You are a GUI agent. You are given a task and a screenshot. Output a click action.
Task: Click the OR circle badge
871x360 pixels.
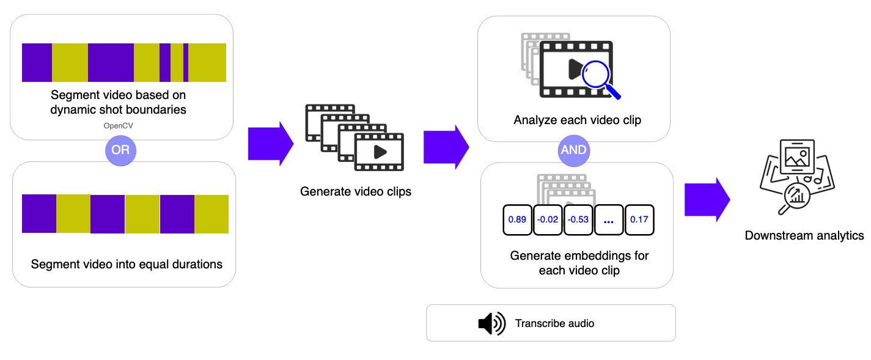(x=120, y=150)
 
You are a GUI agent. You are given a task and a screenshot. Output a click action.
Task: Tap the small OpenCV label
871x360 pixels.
(x=120, y=126)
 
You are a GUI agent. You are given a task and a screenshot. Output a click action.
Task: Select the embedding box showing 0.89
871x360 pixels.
(x=517, y=219)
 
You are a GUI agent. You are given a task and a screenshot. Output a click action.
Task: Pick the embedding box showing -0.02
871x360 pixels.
(x=548, y=219)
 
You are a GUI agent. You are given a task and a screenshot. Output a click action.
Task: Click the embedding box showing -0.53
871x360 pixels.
(x=578, y=219)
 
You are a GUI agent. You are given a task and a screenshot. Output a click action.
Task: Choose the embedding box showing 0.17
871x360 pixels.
(x=639, y=219)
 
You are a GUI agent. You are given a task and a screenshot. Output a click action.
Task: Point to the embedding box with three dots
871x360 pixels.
(x=608, y=219)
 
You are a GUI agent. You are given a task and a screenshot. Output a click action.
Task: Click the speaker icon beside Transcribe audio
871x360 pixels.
(x=491, y=323)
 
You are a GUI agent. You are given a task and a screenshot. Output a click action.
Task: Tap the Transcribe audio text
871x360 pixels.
(x=554, y=323)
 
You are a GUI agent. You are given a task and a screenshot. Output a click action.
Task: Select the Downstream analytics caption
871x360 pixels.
(x=804, y=235)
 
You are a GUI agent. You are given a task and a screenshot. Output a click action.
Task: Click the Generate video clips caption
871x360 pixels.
(x=356, y=191)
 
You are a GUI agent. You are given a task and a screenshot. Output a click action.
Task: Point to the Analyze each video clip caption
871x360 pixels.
(x=577, y=120)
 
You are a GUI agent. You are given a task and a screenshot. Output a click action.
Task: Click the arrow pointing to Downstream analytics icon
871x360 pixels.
(x=707, y=197)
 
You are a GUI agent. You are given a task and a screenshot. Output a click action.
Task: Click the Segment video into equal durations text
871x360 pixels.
(x=127, y=265)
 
